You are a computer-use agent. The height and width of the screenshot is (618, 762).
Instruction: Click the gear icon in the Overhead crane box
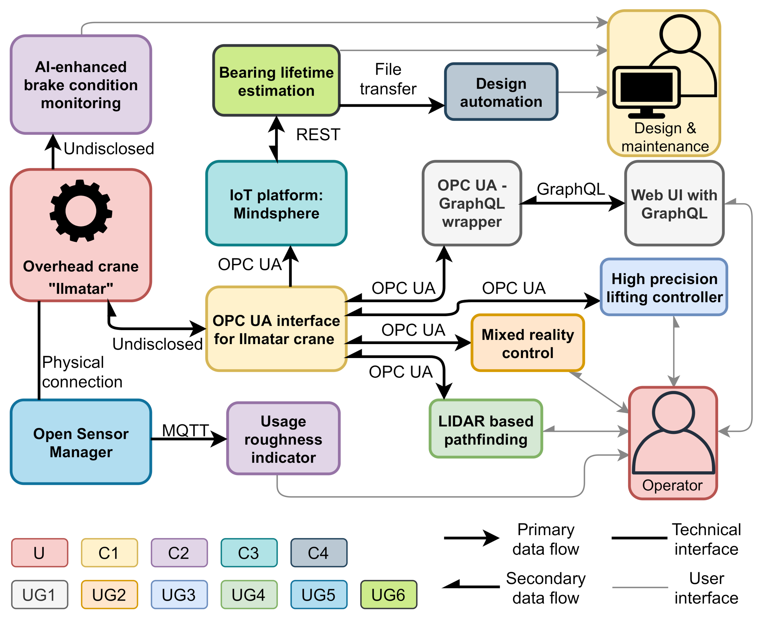tap(81, 211)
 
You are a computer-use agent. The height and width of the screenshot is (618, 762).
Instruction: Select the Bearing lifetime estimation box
tap(276, 81)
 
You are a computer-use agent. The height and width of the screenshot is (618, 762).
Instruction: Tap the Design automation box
tap(501, 92)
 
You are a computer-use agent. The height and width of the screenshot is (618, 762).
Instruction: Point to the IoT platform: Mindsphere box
tap(276, 204)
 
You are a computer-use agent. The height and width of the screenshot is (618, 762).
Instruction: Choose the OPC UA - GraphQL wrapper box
tap(471, 203)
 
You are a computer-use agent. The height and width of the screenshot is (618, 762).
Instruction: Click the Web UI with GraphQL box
tap(674, 204)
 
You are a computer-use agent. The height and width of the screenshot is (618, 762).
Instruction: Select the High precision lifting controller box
tap(664, 287)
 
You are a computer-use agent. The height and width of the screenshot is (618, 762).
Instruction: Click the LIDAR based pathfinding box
tap(485, 429)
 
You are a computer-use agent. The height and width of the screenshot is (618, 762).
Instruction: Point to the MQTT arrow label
tap(185, 430)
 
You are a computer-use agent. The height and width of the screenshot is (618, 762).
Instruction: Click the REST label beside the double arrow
tap(318, 135)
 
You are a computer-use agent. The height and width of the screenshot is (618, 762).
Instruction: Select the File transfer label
tap(388, 79)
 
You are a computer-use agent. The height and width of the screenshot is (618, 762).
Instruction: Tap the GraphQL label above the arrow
tap(570, 189)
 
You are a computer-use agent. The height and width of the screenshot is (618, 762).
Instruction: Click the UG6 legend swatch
tap(388, 594)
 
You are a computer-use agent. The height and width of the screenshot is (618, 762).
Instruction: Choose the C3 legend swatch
tap(249, 553)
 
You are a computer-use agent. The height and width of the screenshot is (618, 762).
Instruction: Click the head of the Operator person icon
tap(673, 412)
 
